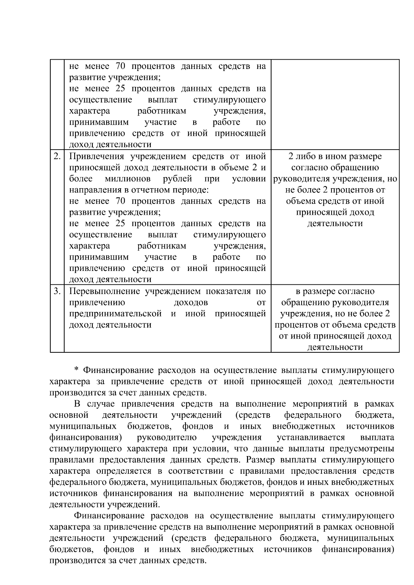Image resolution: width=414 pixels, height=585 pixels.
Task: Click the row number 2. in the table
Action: tap(57, 157)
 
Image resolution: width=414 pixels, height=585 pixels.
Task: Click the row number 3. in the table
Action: tap(57, 292)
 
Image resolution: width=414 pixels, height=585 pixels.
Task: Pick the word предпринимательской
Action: tap(116, 314)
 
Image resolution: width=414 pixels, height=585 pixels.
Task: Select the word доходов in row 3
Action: tap(191, 303)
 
